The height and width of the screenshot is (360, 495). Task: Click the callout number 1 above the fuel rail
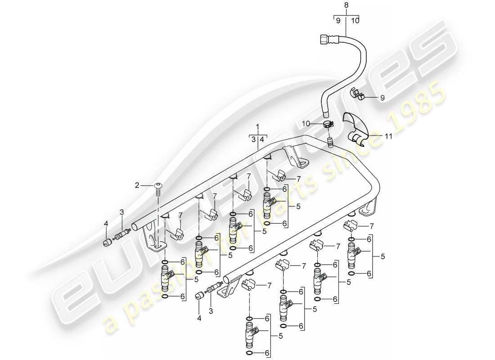(258, 126)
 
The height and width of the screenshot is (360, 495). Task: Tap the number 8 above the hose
(346, 5)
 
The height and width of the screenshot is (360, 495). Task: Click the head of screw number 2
(158, 185)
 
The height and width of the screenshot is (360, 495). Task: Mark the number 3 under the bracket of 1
(253, 139)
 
